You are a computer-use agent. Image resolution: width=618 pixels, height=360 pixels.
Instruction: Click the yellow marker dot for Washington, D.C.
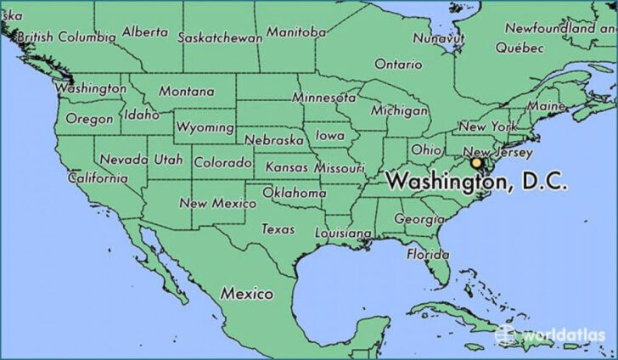pyautogui.click(x=476, y=162)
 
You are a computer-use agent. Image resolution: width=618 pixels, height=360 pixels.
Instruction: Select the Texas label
pyautogui.click(x=278, y=229)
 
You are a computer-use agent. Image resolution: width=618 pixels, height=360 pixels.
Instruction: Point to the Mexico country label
pyautogui.click(x=247, y=294)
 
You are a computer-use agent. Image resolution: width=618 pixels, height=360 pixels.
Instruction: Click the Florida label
pyautogui.click(x=427, y=254)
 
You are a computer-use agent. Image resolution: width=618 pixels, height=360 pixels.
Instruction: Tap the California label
pyautogui.click(x=98, y=178)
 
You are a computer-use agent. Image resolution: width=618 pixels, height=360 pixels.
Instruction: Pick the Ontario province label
pyautogui.click(x=397, y=64)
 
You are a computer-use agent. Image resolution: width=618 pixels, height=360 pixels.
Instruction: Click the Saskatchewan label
pyautogui.click(x=219, y=37)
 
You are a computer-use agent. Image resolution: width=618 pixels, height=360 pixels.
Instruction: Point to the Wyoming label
pyautogui.click(x=205, y=127)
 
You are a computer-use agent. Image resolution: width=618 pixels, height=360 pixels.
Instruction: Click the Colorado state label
pyautogui.click(x=222, y=162)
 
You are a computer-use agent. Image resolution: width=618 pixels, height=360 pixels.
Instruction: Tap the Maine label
pyautogui.click(x=546, y=107)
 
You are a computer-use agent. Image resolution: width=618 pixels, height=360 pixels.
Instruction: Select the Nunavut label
pyautogui.click(x=439, y=38)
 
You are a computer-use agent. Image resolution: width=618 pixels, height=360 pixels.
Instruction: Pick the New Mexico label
pyautogui.click(x=217, y=204)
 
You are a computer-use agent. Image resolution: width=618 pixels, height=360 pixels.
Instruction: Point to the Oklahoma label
pyautogui.click(x=294, y=193)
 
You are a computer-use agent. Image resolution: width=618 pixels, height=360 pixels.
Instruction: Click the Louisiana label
pyautogui.click(x=343, y=233)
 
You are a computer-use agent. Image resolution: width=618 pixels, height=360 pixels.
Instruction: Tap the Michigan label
pyautogui.click(x=399, y=111)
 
